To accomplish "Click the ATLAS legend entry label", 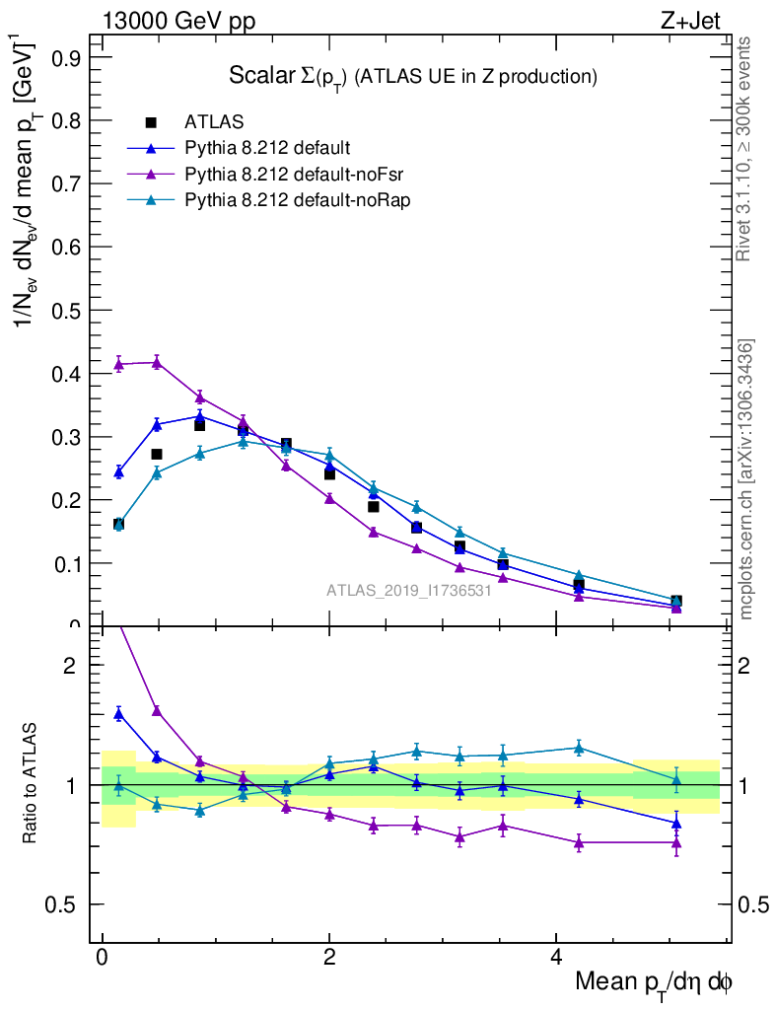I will [x=214, y=122].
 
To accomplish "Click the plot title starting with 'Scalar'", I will [x=413, y=76].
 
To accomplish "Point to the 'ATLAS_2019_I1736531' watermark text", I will [x=409, y=591].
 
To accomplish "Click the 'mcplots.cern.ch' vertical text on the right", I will [x=746, y=479].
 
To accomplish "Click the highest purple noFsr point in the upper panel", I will [x=156, y=362].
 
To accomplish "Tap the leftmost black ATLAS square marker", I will [x=118, y=524].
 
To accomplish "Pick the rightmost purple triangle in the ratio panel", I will [x=676, y=842].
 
